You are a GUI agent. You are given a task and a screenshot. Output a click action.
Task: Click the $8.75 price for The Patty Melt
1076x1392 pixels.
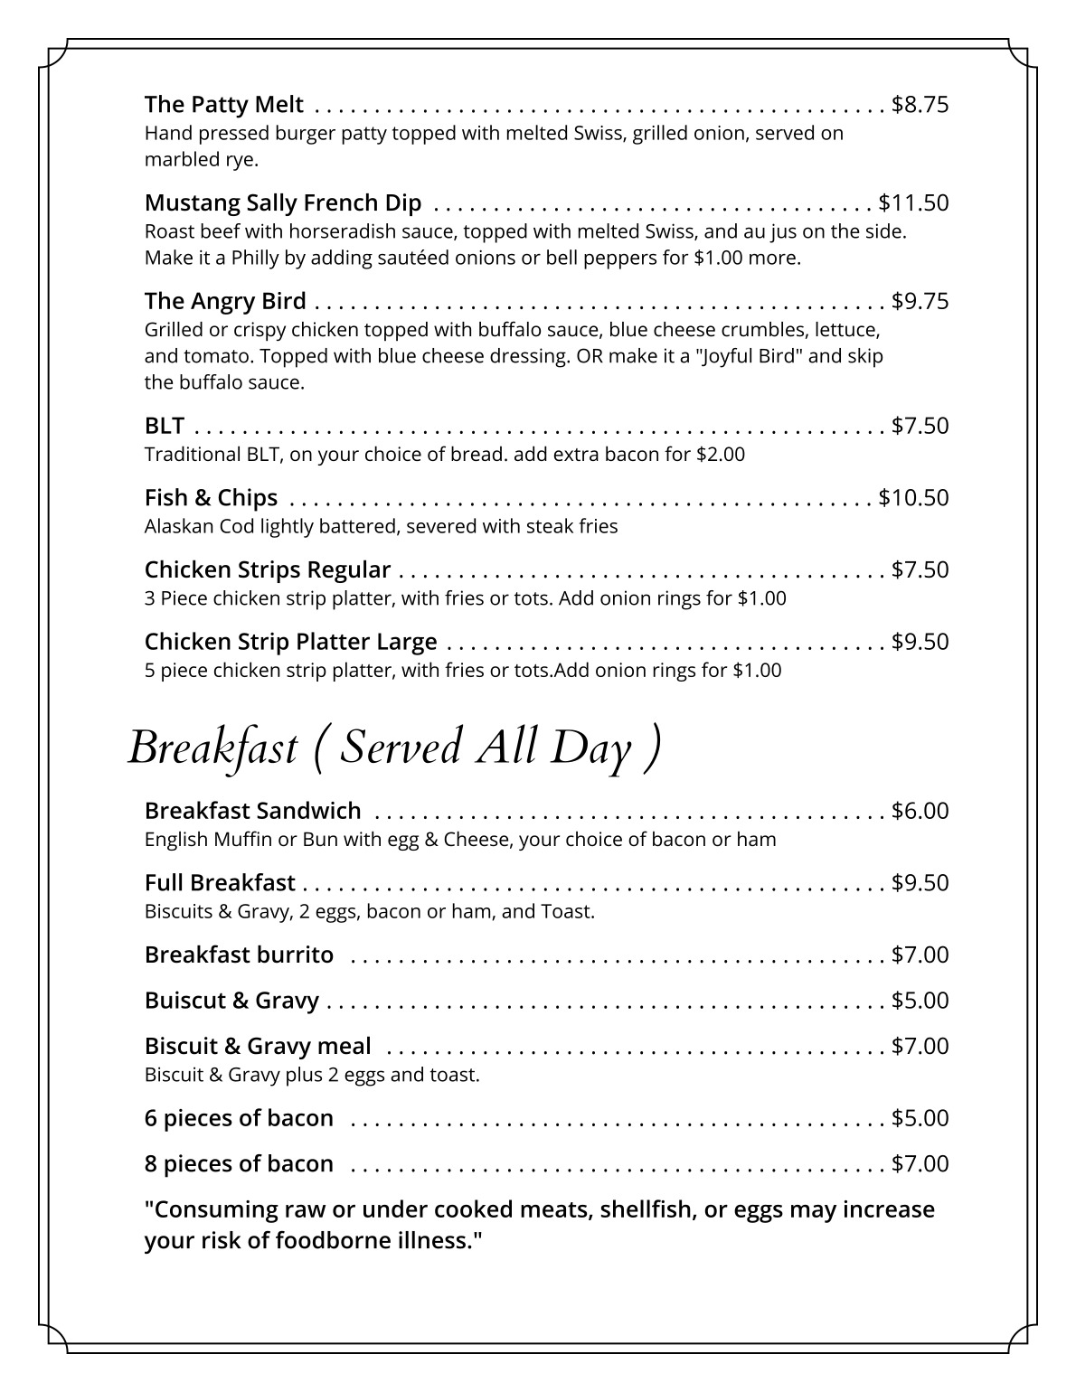click(920, 105)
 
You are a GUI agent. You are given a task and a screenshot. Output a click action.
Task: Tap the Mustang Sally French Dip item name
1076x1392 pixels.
click(283, 202)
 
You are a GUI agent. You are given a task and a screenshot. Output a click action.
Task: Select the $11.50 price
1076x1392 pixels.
click(913, 202)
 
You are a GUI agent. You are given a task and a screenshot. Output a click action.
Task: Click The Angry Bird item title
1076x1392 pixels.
click(225, 300)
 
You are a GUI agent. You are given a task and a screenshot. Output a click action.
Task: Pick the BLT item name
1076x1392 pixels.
click(165, 426)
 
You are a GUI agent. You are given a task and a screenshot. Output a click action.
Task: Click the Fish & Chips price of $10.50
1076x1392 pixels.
click(913, 498)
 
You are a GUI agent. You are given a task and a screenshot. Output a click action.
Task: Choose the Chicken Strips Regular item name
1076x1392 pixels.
click(268, 570)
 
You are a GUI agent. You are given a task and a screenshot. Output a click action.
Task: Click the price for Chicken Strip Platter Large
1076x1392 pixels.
click(920, 642)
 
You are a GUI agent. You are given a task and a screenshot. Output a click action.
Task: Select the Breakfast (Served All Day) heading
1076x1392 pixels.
click(394, 748)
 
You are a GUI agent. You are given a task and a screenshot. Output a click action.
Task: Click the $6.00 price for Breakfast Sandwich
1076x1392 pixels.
click(920, 811)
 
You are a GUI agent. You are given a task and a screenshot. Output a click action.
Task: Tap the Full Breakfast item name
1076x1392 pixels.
click(220, 883)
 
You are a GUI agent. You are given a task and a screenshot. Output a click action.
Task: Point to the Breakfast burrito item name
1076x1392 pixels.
click(239, 955)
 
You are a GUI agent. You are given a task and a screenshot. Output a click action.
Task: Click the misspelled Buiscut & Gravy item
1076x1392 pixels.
click(231, 1001)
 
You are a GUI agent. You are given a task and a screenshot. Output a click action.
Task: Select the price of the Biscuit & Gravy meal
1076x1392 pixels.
click(920, 1046)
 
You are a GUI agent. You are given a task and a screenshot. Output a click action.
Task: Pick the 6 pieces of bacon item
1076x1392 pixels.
click(239, 1118)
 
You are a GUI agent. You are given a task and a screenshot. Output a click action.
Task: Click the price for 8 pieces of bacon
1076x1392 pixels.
click(920, 1163)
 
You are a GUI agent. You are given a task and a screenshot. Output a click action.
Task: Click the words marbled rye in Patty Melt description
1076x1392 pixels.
click(202, 160)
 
